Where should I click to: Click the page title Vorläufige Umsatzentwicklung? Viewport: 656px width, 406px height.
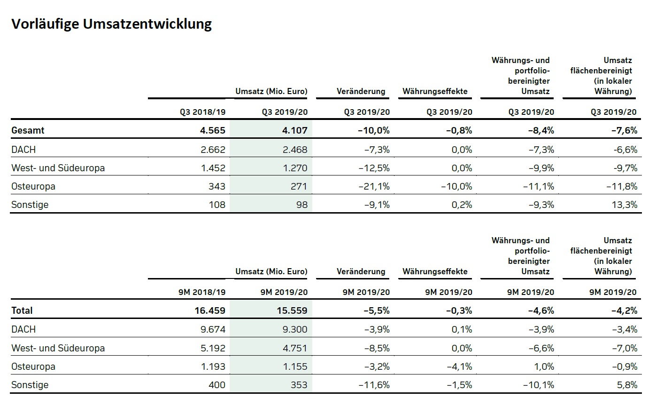point(111,24)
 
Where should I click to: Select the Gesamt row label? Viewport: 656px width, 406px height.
point(28,130)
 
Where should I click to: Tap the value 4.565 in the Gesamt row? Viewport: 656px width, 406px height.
point(213,130)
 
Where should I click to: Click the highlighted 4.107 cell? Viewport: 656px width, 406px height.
point(294,130)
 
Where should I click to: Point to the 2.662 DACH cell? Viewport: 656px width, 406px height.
point(213,150)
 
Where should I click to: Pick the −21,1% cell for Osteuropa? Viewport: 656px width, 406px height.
point(374,186)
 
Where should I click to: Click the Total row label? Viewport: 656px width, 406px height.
point(22,310)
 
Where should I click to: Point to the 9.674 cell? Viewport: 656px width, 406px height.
point(213,329)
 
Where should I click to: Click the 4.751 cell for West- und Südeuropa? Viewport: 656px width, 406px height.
point(294,348)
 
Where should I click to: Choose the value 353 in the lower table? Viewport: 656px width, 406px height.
point(299,385)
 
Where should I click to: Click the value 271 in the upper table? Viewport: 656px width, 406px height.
point(299,186)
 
